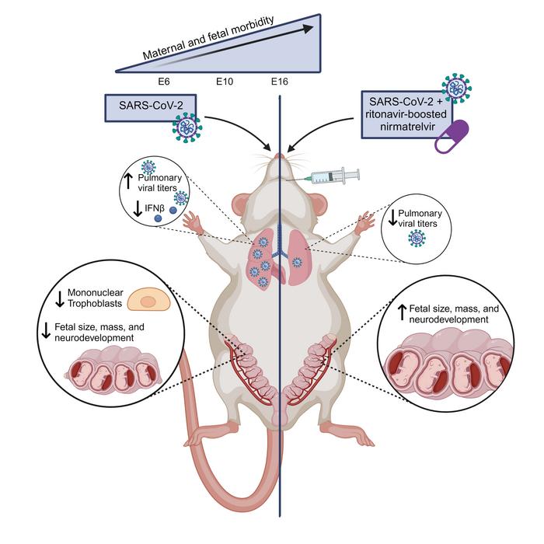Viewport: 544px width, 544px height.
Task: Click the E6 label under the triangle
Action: (x=163, y=81)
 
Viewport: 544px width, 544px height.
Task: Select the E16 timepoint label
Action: (x=280, y=81)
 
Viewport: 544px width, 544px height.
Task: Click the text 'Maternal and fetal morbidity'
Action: (x=208, y=41)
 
